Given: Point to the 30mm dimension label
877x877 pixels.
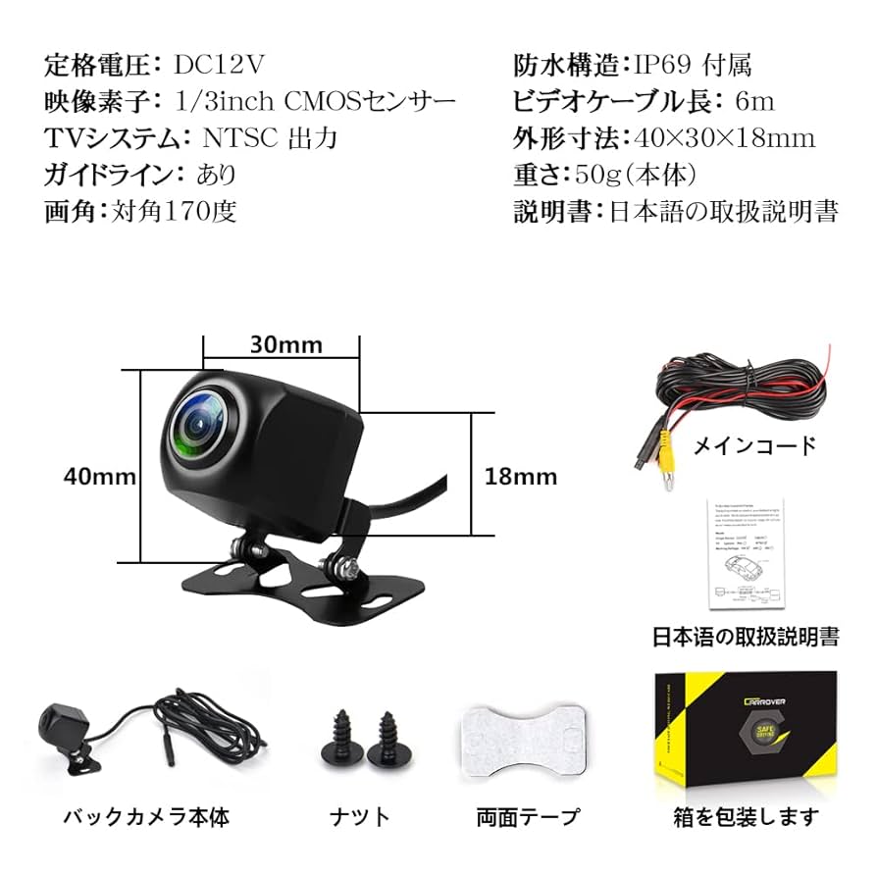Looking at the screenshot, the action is [285, 345].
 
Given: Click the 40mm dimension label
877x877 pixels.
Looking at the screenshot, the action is [99, 477].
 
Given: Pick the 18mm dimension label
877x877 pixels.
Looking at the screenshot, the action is [521, 477].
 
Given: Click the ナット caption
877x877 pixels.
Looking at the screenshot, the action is [359, 816].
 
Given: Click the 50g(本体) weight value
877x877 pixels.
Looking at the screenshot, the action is [636, 175].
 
